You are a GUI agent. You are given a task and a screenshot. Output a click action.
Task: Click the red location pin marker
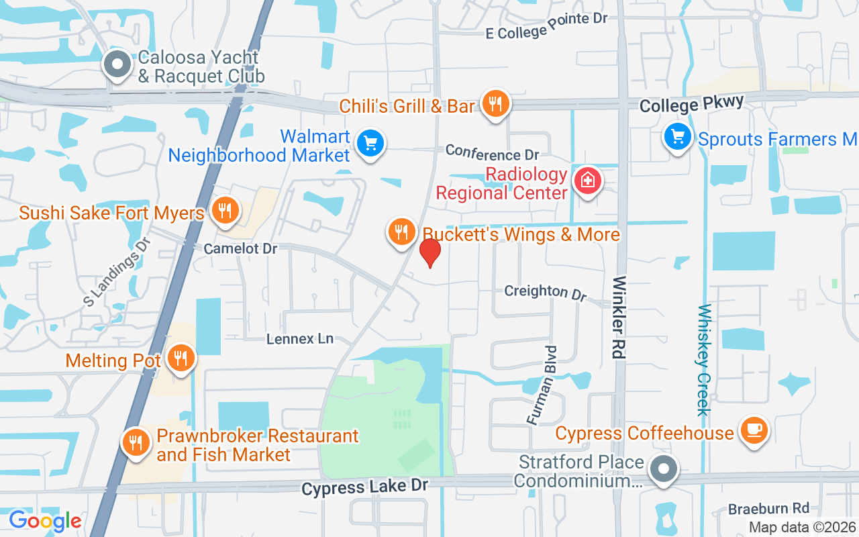(x=429, y=252)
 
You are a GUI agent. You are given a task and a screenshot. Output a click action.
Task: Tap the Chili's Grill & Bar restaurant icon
(x=495, y=104)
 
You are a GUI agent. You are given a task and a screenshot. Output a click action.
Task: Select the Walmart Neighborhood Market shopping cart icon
(x=370, y=143)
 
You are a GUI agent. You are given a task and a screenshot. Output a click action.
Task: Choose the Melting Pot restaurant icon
(x=181, y=358)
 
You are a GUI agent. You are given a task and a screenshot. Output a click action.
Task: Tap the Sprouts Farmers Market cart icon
(x=678, y=137)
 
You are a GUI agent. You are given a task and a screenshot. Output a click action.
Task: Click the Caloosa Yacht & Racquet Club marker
(x=118, y=65)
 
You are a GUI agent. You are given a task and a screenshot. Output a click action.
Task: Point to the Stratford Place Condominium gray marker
(x=664, y=469)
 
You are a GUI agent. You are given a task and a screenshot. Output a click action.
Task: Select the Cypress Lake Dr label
(x=364, y=487)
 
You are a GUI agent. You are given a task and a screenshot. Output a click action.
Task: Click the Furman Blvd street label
(x=542, y=385)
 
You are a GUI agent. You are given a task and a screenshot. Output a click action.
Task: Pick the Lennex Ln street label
(x=300, y=339)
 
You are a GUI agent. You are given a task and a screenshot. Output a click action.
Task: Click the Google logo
(x=45, y=520)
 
